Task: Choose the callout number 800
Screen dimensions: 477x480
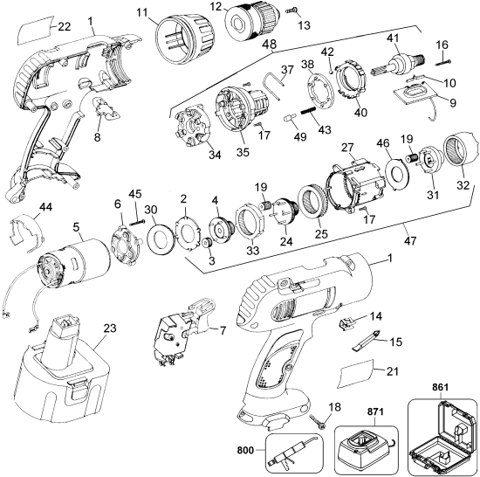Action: pos(248,452)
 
